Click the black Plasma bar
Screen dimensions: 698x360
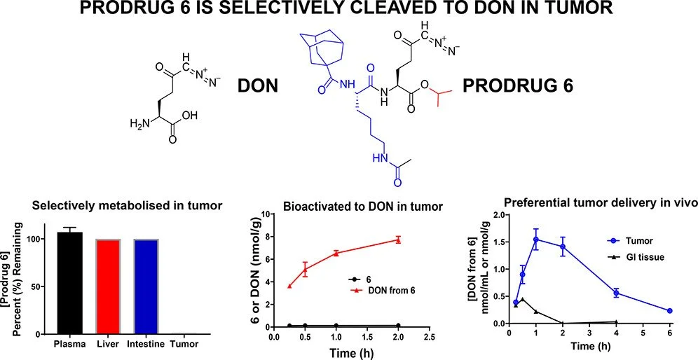tap(69, 284)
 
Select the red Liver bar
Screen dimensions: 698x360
tap(109, 287)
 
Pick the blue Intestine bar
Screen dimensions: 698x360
tap(147, 287)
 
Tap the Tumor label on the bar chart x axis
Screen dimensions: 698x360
tap(185, 344)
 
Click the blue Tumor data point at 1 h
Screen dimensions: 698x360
tap(536, 240)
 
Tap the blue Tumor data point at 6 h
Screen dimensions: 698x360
tap(669, 311)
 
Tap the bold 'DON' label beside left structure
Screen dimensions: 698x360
tap(259, 86)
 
